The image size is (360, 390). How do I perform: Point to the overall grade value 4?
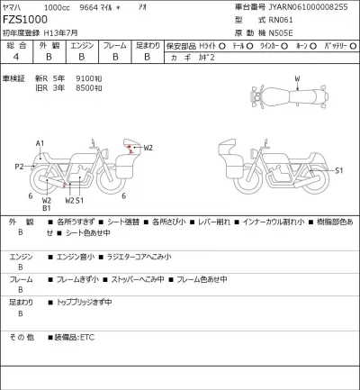[x=16, y=57]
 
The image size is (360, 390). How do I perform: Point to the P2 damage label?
[x=19, y=167]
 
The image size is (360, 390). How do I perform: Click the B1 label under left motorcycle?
[x=46, y=209]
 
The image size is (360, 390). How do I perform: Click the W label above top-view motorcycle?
[x=297, y=79]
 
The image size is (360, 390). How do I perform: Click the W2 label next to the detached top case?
[x=148, y=147]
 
